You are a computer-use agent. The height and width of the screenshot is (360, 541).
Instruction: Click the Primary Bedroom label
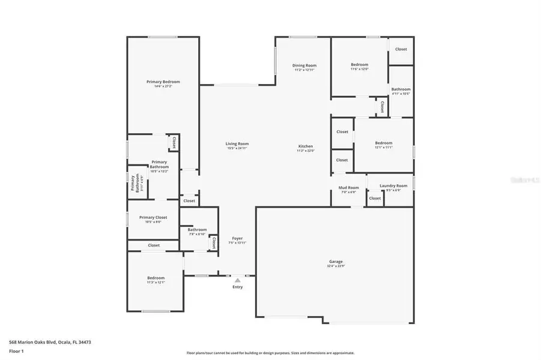(163, 82)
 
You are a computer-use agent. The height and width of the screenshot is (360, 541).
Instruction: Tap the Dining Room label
(304, 65)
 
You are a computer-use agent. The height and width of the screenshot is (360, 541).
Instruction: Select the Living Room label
(237, 144)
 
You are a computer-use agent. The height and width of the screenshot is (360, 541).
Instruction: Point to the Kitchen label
(306, 147)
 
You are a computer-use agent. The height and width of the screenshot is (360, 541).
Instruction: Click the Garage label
(336, 262)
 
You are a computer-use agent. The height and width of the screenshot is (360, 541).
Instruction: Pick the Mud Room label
(349, 188)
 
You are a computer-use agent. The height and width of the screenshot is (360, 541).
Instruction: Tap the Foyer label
(237, 239)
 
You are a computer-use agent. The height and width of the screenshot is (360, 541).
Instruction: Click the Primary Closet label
(153, 218)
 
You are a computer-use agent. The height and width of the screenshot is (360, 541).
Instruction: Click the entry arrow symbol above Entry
(238, 280)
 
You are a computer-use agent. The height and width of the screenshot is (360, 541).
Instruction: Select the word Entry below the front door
(238, 287)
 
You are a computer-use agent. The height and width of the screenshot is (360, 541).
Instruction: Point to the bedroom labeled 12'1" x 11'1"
(384, 143)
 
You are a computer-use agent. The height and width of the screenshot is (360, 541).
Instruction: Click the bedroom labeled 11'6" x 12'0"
(360, 65)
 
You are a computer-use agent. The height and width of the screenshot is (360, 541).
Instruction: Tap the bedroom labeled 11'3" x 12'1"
(156, 278)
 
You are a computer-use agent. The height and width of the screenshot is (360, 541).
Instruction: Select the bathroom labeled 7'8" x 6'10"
(197, 230)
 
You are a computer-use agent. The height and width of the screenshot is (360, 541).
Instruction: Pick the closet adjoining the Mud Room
(375, 198)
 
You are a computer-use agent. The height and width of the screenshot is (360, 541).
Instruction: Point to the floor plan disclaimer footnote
(270, 353)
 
